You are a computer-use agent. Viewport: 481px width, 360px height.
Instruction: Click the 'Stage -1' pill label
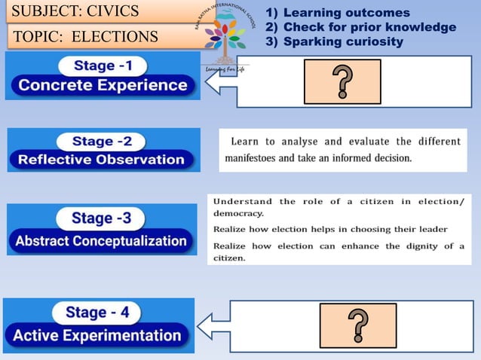tap(104, 66)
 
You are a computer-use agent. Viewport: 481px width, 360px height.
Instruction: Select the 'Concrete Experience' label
tap(103, 85)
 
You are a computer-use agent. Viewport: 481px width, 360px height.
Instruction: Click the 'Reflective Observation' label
tap(101, 160)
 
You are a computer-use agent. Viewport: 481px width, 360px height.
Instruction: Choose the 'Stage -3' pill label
tap(101, 218)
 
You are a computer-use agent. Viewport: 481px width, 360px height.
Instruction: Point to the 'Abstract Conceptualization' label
tap(101, 241)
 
